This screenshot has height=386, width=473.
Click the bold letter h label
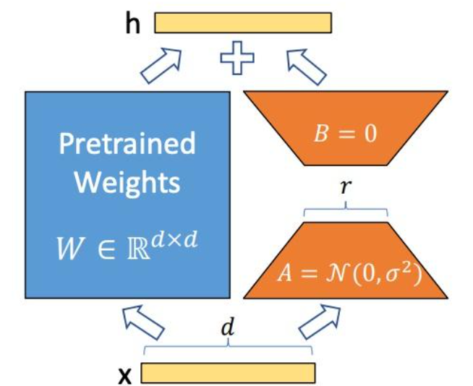(x=132, y=23)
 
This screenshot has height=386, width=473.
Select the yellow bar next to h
(x=243, y=23)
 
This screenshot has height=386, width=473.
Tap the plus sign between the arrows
(x=236, y=57)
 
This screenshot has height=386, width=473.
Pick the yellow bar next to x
(x=228, y=372)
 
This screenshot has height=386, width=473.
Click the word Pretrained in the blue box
(x=127, y=144)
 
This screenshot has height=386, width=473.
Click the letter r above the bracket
(x=345, y=186)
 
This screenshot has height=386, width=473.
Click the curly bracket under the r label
(x=345, y=210)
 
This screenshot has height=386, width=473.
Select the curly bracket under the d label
(x=228, y=351)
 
